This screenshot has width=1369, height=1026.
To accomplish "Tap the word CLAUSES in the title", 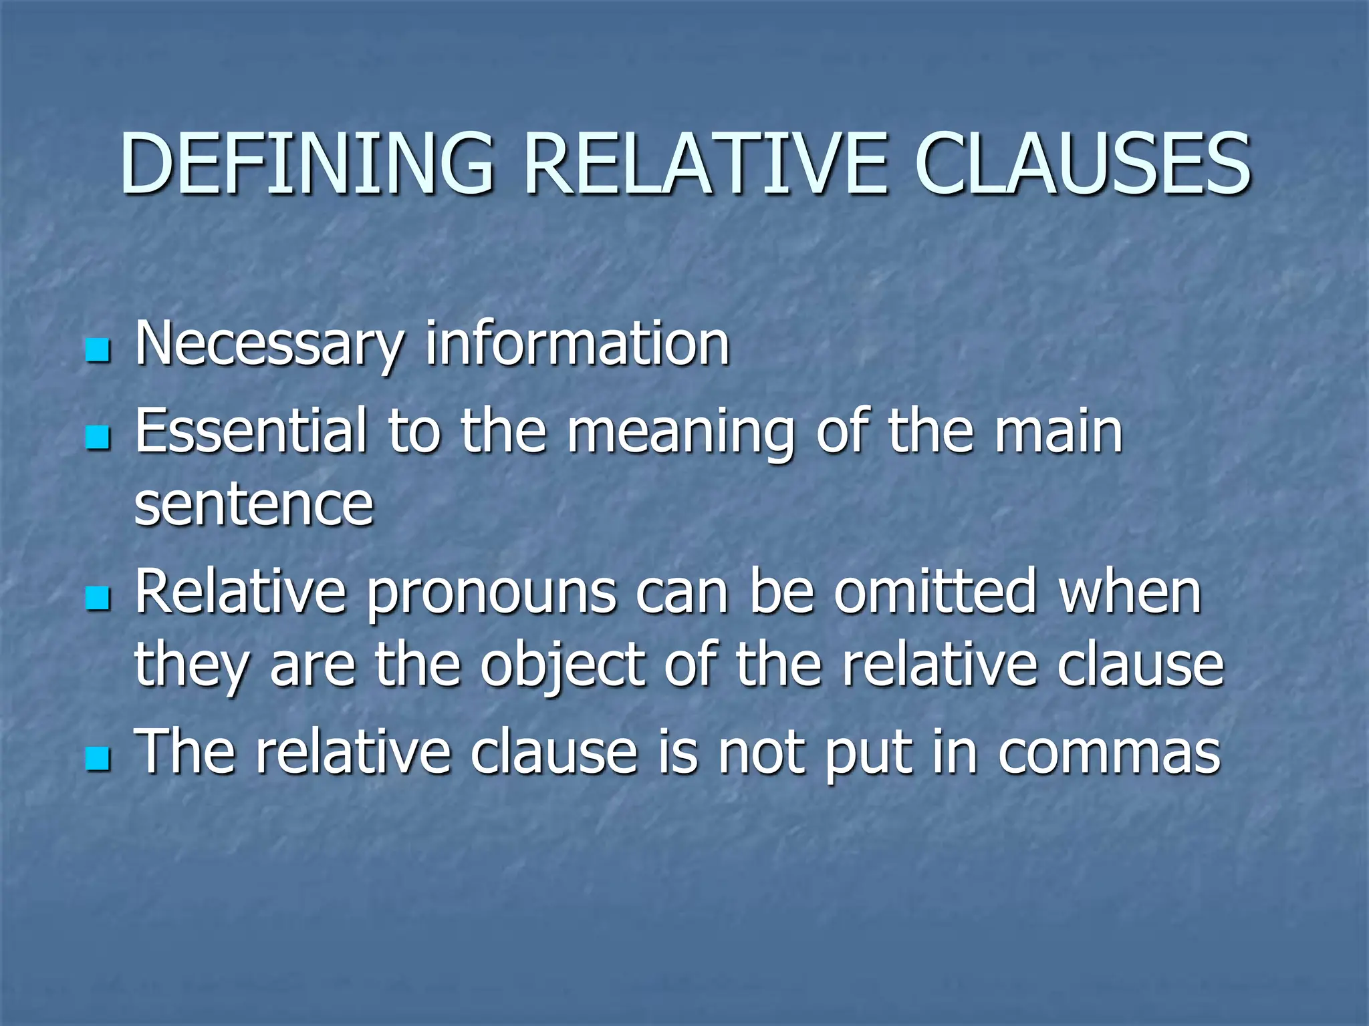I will [1082, 164].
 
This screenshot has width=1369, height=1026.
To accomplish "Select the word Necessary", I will [269, 346].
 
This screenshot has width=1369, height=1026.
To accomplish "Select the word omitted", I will [934, 590].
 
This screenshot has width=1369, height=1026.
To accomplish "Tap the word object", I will [562, 667].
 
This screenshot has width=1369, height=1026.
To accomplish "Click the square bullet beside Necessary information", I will [98, 349].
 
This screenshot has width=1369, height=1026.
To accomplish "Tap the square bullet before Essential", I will [98, 438].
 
